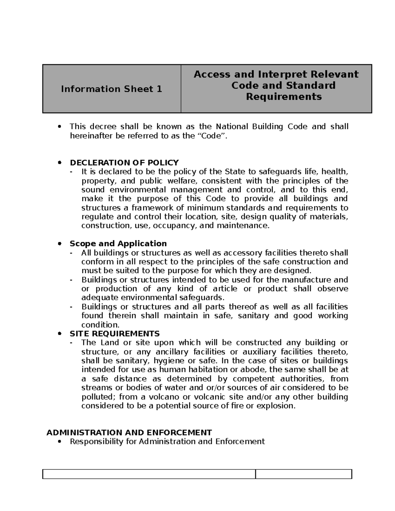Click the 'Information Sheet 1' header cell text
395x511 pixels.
(x=111, y=89)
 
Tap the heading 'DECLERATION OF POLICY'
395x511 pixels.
(x=124, y=163)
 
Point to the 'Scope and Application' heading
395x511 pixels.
(x=118, y=243)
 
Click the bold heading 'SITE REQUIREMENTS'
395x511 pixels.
(x=115, y=334)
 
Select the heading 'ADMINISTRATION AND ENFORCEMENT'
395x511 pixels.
(x=129, y=432)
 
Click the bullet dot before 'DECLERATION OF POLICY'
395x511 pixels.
(x=59, y=163)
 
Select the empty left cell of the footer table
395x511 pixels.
(x=149, y=474)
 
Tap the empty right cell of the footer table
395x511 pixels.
(x=303, y=474)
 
